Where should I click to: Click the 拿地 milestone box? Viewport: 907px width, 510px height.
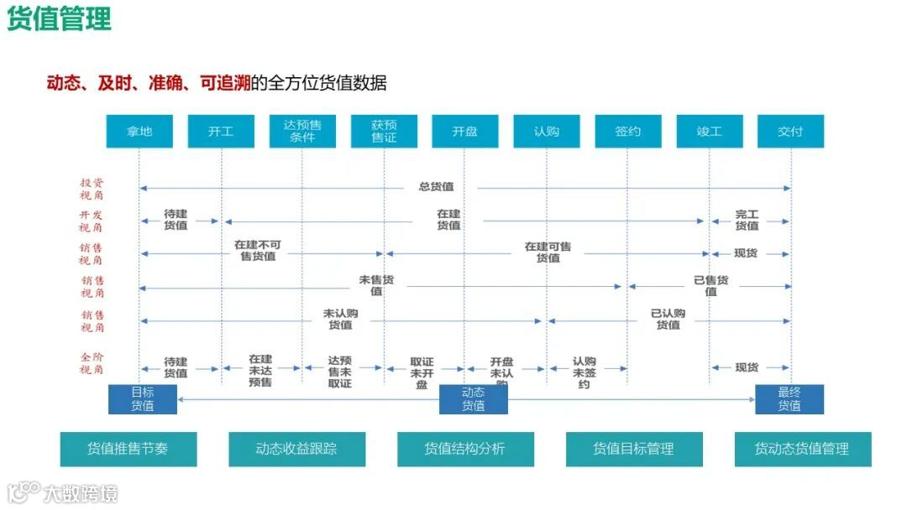point(139,132)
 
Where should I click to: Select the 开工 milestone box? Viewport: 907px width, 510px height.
point(221,132)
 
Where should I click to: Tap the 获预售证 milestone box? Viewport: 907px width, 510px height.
point(384,132)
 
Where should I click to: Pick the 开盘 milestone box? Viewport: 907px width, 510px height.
point(464,132)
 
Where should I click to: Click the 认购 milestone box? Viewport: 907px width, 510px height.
point(546,132)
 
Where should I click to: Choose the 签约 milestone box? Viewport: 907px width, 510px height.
point(627,132)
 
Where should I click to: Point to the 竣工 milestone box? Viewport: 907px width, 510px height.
point(709,132)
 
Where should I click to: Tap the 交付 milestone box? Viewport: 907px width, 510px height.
point(790,132)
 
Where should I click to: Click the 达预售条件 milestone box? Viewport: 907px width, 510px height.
point(302,132)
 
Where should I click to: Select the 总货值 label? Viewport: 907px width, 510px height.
point(436,187)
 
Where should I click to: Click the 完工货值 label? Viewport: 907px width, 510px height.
point(747,221)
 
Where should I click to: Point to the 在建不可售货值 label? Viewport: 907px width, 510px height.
point(258,251)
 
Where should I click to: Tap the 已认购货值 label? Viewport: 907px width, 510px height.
point(668,320)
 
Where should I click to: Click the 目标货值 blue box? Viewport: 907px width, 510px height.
point(143,399)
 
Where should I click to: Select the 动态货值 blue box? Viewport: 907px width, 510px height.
point(474,399)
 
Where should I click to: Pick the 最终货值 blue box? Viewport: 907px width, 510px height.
point(789,399)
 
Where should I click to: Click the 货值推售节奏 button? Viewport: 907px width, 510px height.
point(128,449)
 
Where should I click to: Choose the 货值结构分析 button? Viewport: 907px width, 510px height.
point(465,449)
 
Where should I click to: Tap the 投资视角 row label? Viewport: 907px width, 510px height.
point(92,189)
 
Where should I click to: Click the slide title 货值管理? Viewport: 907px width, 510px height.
point(59,20)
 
